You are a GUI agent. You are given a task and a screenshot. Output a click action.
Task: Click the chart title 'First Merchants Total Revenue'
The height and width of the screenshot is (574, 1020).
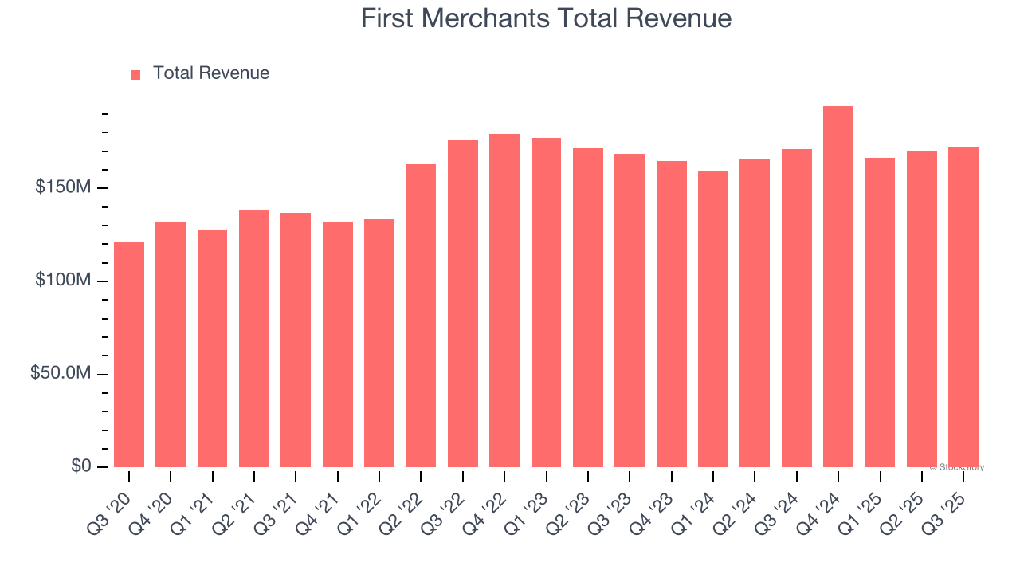tap(546, 18)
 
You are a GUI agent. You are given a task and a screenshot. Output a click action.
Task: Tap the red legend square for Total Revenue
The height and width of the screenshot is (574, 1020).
tap(135, 74)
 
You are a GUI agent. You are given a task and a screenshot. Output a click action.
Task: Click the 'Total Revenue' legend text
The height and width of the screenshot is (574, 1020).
tap(211, 73)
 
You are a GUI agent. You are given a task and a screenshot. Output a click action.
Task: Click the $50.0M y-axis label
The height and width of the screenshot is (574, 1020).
tap(61, 374)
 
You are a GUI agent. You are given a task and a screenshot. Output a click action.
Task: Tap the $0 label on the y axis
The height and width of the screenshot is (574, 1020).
tap(80, 466)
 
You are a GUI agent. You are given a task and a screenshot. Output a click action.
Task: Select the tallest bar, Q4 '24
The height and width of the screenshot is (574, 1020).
tap(838, 287)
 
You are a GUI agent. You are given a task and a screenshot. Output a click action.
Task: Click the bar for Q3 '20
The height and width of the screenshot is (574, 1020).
tap(129, 355)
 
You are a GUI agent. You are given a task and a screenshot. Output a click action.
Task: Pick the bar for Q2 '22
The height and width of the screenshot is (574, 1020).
tap(421, 316)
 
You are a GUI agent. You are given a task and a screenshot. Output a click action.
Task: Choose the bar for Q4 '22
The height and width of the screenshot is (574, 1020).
tap(504, 301)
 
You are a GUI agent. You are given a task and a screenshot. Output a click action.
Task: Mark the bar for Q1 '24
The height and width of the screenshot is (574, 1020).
tap(713, 319)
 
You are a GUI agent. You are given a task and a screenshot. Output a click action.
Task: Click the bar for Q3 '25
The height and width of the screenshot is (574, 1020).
tap(963, 307)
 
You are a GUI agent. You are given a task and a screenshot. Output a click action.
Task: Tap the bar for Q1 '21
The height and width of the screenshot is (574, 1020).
tap(212, 349)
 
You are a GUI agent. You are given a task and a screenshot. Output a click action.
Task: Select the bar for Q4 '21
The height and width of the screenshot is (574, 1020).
tap(338, 344)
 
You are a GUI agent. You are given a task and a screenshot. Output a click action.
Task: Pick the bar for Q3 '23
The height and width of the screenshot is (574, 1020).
tap(630, 311)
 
